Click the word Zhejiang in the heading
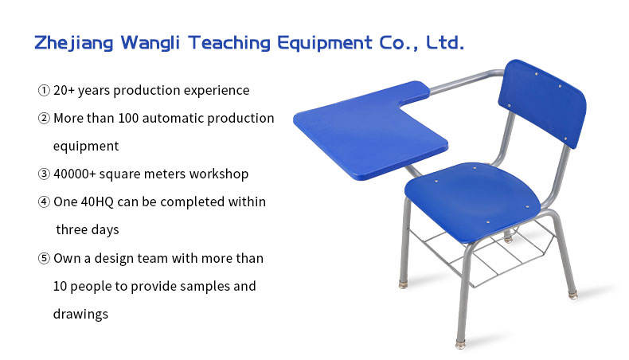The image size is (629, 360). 73,43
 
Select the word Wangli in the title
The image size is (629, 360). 150,42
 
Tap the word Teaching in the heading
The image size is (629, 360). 229,42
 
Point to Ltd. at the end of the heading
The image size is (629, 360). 444,42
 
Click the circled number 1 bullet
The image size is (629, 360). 44,90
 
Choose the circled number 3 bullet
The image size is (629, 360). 44,174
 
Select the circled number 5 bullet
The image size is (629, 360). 44,258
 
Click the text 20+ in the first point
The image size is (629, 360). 64,90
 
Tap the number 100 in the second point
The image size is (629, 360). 128,119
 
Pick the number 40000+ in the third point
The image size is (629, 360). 75,174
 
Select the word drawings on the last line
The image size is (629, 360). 80,315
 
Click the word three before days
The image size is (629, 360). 71,230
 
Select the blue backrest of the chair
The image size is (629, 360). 541,104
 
